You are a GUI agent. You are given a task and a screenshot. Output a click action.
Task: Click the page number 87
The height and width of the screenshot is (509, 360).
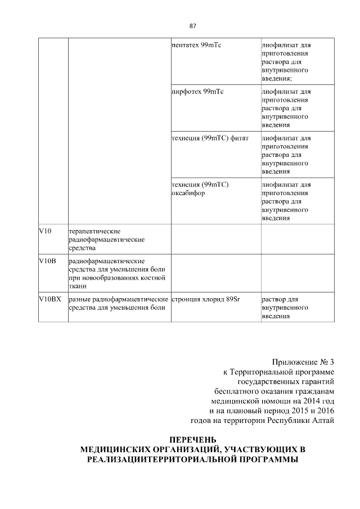[192, 26]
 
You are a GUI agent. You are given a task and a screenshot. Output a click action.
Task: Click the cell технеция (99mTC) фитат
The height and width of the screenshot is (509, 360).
[210, 138]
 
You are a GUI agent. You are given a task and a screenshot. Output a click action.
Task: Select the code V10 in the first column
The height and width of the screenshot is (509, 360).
[45, 231]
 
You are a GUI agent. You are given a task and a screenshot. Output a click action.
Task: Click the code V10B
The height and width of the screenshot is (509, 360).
[47, 261]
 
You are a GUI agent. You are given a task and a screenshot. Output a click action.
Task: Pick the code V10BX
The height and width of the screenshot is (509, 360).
[49, 299]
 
